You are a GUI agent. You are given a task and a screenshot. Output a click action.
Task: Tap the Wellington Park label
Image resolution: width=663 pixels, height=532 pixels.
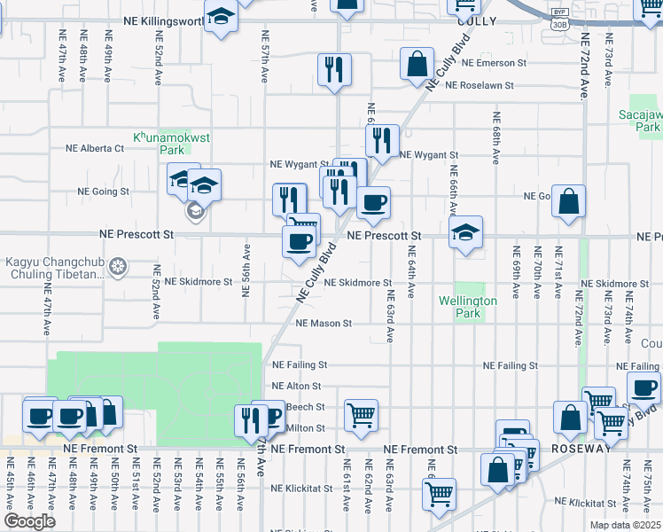[467, 307]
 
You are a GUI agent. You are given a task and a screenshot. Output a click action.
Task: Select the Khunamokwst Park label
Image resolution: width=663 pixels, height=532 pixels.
[160, 144]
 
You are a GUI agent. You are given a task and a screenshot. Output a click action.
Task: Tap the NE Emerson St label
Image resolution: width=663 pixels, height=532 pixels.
[487, 63]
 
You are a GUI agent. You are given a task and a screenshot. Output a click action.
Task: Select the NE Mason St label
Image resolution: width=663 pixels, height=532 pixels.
[324, 324]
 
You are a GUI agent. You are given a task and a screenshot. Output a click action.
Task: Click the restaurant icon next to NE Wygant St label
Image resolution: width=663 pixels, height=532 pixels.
[382, 139]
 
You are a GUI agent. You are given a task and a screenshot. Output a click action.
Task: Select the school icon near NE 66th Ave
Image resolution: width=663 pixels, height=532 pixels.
[465, 232]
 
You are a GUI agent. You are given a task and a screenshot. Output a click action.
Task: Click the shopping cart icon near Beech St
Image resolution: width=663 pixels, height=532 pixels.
[361, 414]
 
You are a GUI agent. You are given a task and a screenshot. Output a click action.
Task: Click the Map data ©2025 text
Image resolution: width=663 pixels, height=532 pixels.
[625, 525]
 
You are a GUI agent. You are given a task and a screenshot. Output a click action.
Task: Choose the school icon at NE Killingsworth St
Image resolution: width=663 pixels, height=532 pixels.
[221, 16]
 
